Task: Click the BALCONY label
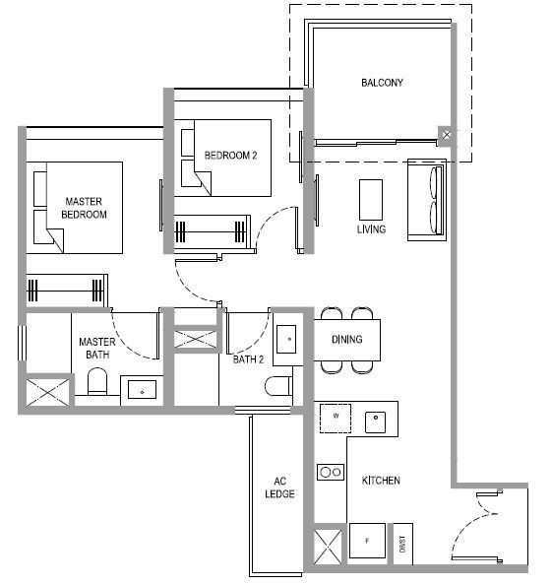382,83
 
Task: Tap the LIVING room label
371,229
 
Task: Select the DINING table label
347,339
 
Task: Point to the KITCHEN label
381,481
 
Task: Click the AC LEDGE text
279,487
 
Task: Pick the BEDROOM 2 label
231,156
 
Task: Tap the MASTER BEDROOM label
84,208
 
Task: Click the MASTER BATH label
97,348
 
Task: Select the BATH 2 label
248,359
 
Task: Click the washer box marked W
336,419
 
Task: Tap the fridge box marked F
367,541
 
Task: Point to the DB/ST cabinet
402,544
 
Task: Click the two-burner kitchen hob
331,472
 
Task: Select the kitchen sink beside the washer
375,422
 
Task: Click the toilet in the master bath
97,381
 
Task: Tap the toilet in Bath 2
278,386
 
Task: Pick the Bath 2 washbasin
286,339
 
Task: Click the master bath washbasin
142,390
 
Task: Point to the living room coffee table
371,200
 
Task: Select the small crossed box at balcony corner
447,135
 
